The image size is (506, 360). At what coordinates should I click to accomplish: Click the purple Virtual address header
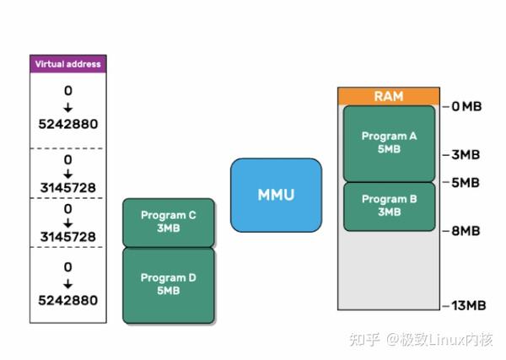67,63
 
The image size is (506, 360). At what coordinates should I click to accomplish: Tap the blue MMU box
276,195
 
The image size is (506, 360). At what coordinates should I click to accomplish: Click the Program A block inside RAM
389,142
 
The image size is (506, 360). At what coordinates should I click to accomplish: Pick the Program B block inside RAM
389,206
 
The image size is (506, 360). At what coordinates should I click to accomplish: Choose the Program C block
168,222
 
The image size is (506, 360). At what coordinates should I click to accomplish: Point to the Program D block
168,285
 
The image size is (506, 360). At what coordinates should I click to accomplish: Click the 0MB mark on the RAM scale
466,107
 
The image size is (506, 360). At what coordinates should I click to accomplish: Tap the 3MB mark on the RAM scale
466,155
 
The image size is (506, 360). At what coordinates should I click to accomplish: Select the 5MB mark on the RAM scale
466,182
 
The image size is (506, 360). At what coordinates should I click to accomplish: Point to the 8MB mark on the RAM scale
466,230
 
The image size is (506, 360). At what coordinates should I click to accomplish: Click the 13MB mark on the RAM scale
466,305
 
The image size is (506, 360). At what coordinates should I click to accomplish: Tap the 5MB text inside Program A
389,149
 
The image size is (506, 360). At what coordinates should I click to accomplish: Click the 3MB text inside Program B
389,212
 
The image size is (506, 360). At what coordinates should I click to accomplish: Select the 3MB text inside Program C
168,228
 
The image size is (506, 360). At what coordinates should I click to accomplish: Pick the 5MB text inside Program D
168,292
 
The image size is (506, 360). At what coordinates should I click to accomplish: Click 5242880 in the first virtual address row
67,124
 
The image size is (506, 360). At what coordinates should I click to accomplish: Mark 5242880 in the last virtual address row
67,300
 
